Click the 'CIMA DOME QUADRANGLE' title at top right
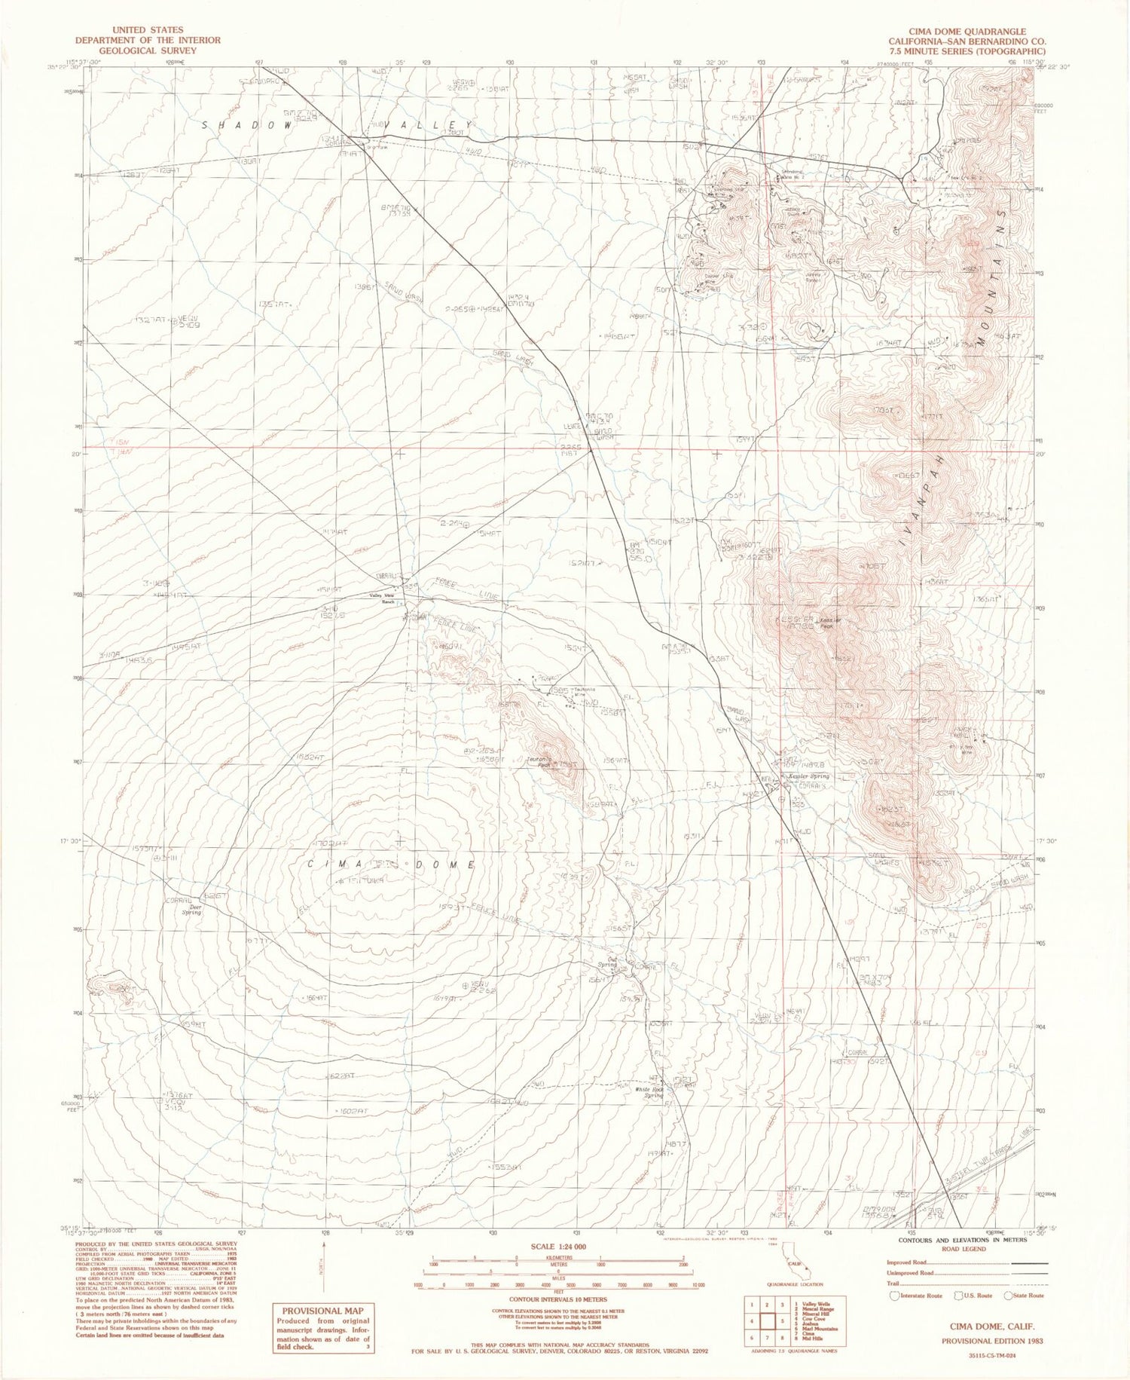pyautogui.click(x=956, y=31)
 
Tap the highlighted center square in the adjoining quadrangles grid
pyautogui.click(x=769, y=1320)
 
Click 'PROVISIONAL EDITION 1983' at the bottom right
pyautogui.click(x=991, y=1342)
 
